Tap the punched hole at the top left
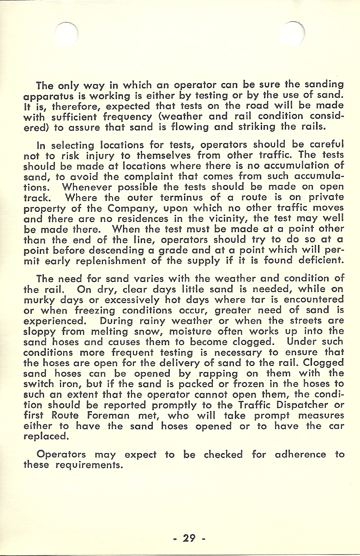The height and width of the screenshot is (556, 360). pyautogui.click(x=66, y=32)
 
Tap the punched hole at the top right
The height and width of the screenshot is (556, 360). pyautogui.click(x=294, y=32)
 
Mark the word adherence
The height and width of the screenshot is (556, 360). pyautogui.click(x=300, y=454)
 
